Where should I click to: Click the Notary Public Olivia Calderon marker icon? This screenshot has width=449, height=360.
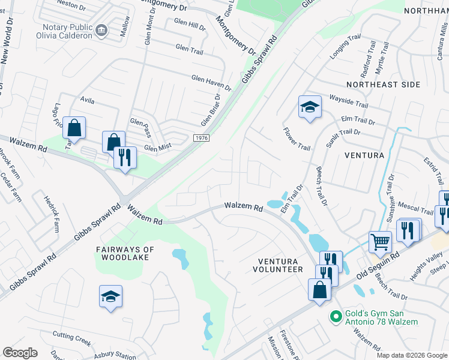tap(101, 29)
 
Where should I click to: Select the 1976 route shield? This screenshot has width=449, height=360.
tap(202, 138)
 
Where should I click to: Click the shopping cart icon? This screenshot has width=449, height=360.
tap(380, 242)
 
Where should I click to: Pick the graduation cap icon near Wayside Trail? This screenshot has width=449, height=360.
tap(310, 107)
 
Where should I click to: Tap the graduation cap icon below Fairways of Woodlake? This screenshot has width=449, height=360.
tap(110, 296)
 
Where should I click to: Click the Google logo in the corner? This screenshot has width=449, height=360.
tap(20, 353)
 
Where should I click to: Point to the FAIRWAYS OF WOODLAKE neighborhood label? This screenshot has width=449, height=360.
tap(125, 253)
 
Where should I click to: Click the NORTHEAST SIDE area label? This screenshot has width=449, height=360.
tap(383, 85)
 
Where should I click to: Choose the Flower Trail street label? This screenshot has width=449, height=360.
tap(297, 139)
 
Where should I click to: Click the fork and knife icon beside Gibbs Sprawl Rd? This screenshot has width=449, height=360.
tap(125, 158)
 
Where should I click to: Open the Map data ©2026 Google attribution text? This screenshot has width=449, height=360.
tap(411, 355)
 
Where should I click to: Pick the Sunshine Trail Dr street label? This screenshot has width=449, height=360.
tap(391, 196)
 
